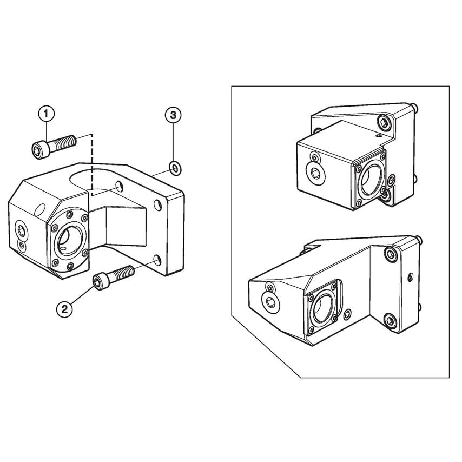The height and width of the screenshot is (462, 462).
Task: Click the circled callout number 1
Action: [x=46, y=114]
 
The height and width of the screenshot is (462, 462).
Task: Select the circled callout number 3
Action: [x=173, y=114]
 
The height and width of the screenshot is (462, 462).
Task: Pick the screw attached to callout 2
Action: [x=114, y=275]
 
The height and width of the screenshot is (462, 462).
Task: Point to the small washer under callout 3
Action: [x=174, y=168]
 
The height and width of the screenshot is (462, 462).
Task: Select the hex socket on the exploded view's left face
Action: [x=21, y=232]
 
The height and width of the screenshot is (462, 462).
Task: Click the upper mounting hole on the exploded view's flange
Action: [x=159, y=205]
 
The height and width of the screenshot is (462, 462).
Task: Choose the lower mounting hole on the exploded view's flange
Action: [x=157, y=262]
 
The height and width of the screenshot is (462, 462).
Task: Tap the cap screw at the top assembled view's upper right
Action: [x=384, y=123]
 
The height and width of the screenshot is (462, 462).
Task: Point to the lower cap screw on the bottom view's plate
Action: [x=390, y=322]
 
